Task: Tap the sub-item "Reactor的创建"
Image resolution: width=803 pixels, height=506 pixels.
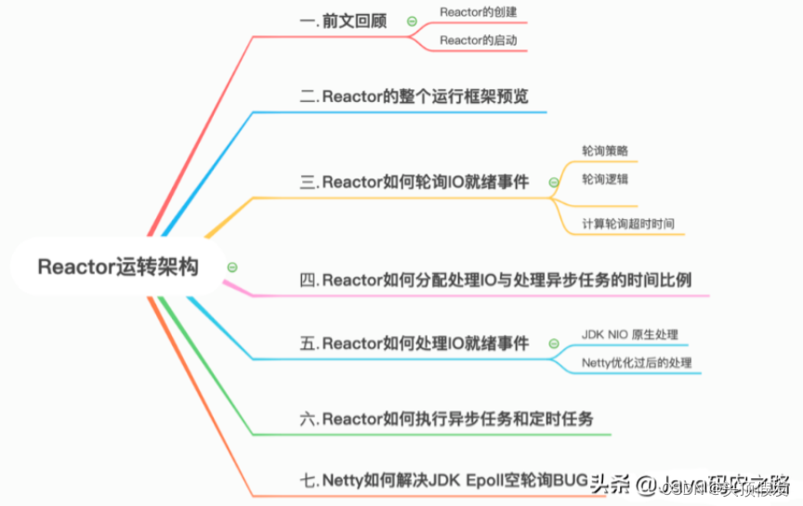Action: pos(478,12)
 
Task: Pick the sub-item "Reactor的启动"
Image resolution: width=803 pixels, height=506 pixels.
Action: pos(478,41)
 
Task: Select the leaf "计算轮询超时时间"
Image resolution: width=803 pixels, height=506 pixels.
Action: pos(628,224)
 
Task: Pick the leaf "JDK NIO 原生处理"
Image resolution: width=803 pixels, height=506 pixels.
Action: pos(630,333)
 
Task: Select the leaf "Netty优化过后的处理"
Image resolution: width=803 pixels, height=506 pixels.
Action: pos(637,362)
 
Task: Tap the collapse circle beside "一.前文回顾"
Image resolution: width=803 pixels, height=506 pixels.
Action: pos(411,21)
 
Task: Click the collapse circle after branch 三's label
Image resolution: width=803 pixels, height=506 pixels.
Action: pos(554,183)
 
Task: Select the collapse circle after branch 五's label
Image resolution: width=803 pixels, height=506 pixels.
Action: pos(554,344)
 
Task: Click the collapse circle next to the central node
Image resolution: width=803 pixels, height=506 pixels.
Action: pos(232,267)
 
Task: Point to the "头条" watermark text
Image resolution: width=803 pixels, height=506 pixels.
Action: pos(612,482)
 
